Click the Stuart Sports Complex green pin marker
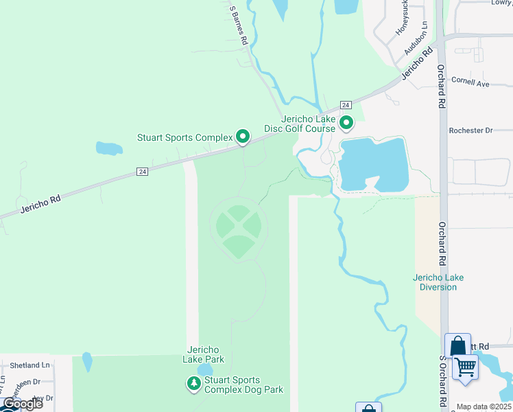[243, 137]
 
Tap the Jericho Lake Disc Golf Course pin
[346, 124]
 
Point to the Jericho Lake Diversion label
[438, 282]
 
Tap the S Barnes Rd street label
[238, 26]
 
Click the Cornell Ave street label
[470, 82]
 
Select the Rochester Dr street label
[470, 130]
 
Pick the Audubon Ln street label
[416, 38]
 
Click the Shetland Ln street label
[29, 365]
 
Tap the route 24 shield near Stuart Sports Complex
[142, 171]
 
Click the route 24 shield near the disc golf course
[346, 104]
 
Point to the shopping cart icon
[466, 367]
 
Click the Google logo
[23, 404]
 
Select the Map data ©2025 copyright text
[484, 407]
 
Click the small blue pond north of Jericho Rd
[108, 148]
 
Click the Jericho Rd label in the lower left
[40, 204]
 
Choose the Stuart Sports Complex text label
[185, 137]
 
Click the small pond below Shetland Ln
[87, 361]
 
